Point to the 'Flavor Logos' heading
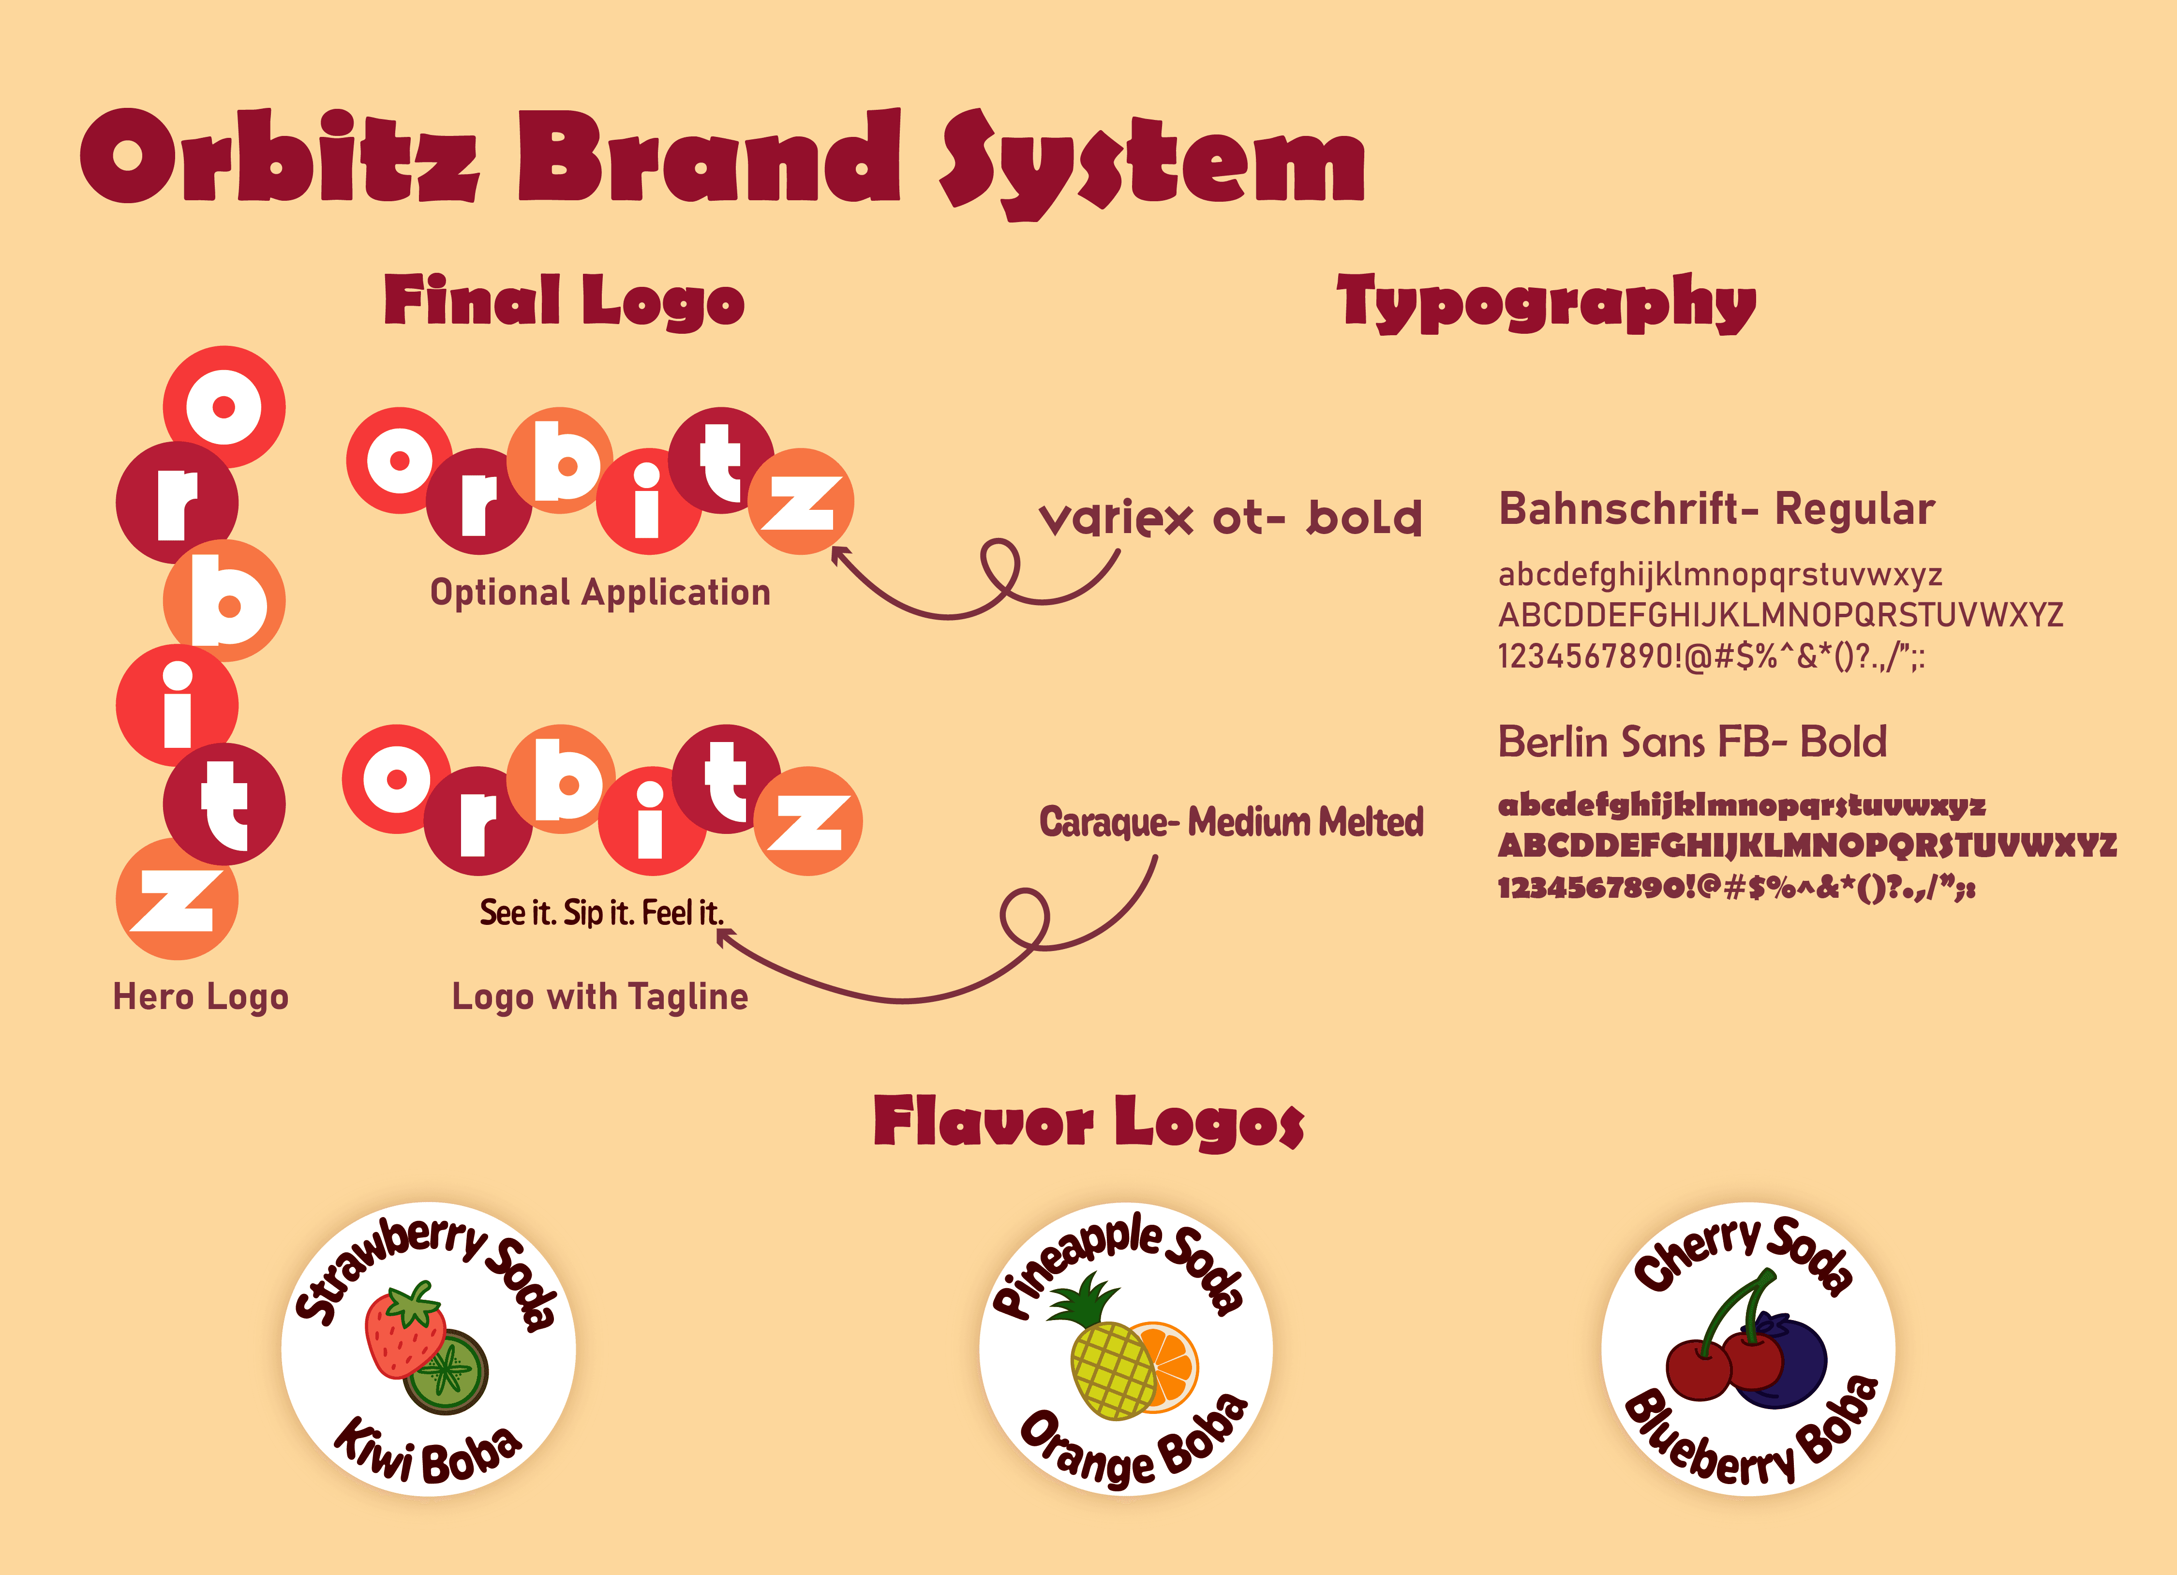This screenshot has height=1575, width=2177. click(1088, 1123)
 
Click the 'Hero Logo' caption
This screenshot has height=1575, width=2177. click(201, 997)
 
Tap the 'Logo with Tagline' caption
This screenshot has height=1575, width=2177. click(600, 997)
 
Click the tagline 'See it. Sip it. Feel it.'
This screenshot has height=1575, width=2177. click(602, 913)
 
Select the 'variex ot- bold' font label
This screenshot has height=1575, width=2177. click(1231, 518)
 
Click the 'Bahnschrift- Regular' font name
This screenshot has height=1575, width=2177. click(1716, 509)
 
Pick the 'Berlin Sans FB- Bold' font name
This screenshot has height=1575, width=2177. click(1692, 742)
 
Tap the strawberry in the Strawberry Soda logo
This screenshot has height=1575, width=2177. click(405, 1329)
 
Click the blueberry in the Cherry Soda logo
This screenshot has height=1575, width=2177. click(1784, 1363)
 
